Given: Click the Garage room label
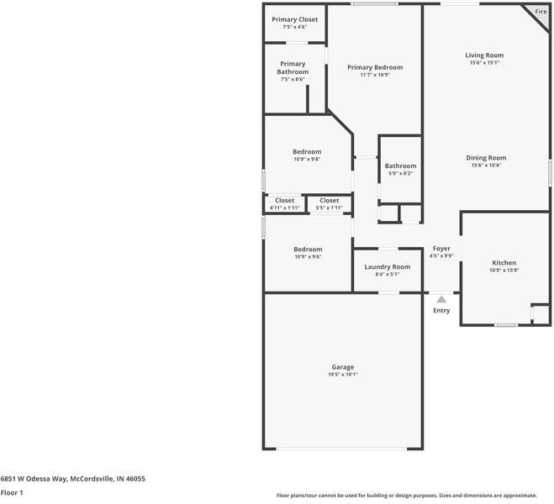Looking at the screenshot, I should (x=342, y=367).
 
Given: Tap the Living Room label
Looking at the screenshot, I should (x=484, y=55).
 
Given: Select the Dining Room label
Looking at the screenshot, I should (x=486, y=158).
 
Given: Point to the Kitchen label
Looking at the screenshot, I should (x=504, y=263).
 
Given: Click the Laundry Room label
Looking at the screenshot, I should (x=387, y=266).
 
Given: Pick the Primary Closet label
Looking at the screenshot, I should (x=294, y=18).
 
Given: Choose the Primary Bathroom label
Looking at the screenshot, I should (x=293, y=68).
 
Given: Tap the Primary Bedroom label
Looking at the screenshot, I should (x=375, y=67).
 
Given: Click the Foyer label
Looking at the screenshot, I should (x=441, y=249).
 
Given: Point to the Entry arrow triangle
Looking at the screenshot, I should (x=441, y=298).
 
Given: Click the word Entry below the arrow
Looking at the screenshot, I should (x=441, y=311).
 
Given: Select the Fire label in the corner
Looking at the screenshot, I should (x=541, y=11).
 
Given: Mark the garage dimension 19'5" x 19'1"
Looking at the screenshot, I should (x=342, y=375).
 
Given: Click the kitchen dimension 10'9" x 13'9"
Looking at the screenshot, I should (x=504, y=270).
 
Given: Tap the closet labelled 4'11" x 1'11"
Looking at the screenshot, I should (x=284, y=207).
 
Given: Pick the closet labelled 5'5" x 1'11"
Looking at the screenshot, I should (x=329, y=207).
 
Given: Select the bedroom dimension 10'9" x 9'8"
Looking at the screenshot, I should (x=307, y=159).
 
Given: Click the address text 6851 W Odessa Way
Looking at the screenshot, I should (x=34, y=478).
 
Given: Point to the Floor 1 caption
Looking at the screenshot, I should (x=12, y=492).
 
